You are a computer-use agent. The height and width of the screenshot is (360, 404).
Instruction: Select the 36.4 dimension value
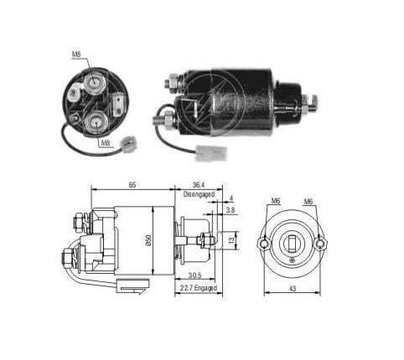pos(199,185)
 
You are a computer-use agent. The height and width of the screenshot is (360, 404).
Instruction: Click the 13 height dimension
pos(232,241)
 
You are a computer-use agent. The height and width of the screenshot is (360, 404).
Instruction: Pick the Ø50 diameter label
pos(147,240)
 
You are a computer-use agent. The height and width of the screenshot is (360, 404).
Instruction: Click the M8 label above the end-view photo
pos(77,54)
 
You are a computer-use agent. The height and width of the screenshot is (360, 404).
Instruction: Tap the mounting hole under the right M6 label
pos(323,245)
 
